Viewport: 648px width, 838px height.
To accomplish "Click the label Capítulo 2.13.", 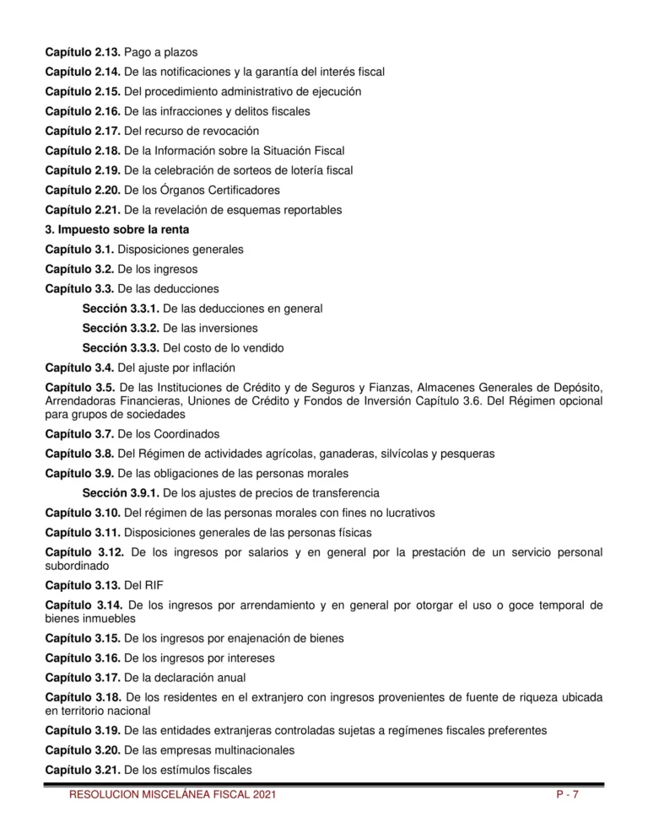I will click(82, 52).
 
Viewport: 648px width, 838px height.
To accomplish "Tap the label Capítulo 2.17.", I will click(82, 131).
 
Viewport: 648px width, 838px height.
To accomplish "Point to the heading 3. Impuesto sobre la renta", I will click(116, 229).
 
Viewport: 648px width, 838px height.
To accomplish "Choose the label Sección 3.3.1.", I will click(121, 309).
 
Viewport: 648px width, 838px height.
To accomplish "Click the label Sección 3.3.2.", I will click(121, 328).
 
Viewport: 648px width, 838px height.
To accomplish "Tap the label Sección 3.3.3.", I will click(121, 347).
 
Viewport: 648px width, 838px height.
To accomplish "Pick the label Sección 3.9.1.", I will click(121, 492).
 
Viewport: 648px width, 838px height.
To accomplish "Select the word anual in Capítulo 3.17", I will click(224, 677).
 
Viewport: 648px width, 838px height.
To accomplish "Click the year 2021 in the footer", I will click(262, 794).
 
